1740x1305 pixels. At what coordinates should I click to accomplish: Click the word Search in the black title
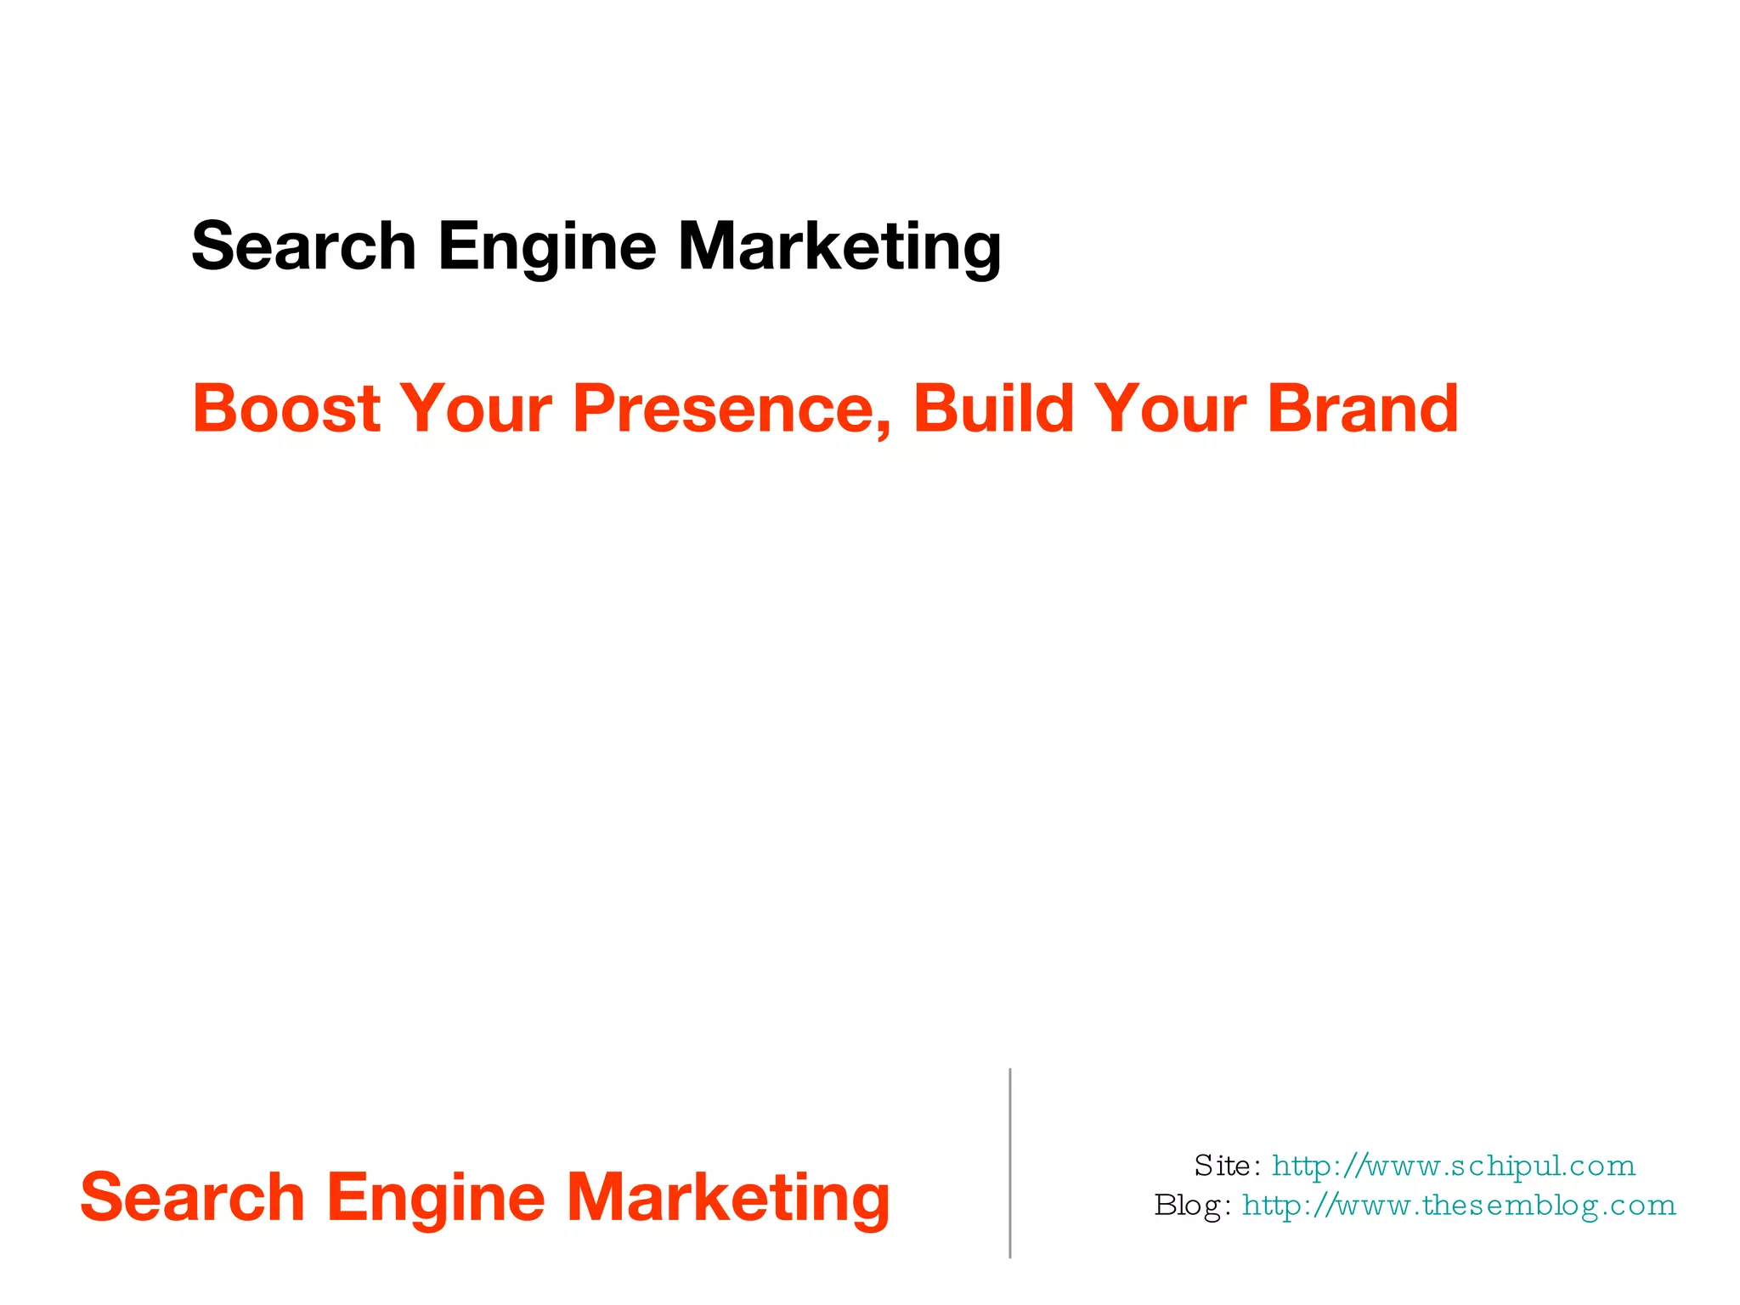[x=303, y=246]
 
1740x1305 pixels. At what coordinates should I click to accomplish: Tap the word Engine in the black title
[x=547, y=246]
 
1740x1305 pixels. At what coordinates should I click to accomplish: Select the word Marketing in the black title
[x=839, y=246]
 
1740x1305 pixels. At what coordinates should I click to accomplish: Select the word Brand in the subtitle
[x=1363, y=409]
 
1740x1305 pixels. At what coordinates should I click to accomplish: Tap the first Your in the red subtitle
[x=476, y=409]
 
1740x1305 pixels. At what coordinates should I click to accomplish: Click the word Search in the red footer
[x=192, y=1197]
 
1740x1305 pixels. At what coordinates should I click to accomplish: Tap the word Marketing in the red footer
[x=728, y=1197]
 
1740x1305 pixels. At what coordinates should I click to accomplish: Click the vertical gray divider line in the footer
[x=1009, y=1163]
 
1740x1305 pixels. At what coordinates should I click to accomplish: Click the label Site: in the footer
[x=1227, y=1166]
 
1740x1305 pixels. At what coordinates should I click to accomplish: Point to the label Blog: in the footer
[x=1192, y=1205]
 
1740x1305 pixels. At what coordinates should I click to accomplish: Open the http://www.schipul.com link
[x=1454, y=1166]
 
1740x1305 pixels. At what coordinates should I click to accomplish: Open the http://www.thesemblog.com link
[x=1459, y=1205]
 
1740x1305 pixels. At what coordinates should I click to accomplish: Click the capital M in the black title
[x=709, y=246]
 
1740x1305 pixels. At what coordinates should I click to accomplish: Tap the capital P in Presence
[x=592, y=409]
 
